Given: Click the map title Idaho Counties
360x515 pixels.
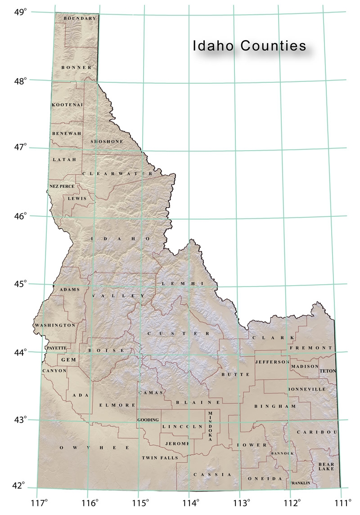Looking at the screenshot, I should (x=249, y=46).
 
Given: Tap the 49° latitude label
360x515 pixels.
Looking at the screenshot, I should (x=21, y=12).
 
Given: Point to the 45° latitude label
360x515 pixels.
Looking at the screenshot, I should (x=21, y=284).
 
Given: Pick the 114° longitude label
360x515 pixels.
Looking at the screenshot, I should (x=193, y=502).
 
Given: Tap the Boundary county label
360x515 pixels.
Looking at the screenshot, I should (x=80, y=18).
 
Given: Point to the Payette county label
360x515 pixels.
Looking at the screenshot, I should (x=56, y=348).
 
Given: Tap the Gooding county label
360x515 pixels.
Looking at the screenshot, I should (x=148, y=420).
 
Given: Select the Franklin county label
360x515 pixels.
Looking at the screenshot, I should (x=301, y=483).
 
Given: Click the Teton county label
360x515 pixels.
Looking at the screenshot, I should (x=328, y=371).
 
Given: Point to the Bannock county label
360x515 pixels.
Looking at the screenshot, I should (x=282, y=453).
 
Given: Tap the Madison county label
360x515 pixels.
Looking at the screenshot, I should (x=304, y=367).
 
